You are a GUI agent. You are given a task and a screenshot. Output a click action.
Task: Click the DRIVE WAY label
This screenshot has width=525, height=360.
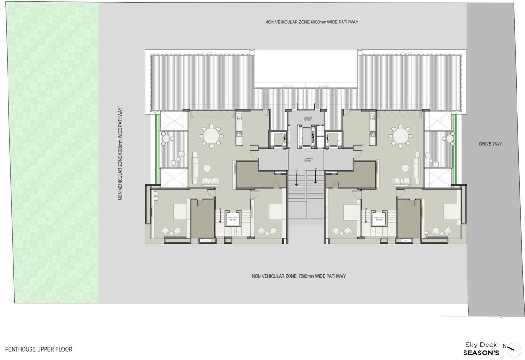pyautogui.click(x=490, y=144)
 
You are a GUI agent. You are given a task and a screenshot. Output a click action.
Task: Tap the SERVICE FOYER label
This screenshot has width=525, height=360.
pyautogui.click(x=308, y=119)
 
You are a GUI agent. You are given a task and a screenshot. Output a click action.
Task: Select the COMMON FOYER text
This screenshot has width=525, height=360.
pyautogui.click(x=308, y=159)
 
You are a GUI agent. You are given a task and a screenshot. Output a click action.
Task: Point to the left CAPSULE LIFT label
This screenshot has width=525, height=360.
pyautogui.click(x=233, y=218)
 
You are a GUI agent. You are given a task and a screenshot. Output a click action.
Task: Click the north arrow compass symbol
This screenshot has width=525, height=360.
pyautogui.click(x=513, y=347)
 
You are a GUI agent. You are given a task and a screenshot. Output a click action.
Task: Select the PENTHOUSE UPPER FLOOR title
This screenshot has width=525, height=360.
pyautogui.click(x=39, y=349)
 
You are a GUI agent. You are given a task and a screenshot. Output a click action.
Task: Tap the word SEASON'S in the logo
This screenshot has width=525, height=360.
pyautogui.click(x=481, y=352)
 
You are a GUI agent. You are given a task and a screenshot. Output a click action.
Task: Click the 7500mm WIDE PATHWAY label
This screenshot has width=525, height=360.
pyautogui.click(x=299, y=276)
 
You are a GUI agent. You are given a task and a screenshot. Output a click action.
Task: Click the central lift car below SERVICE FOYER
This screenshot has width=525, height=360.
pyautogui.click(x=308, y=136)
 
